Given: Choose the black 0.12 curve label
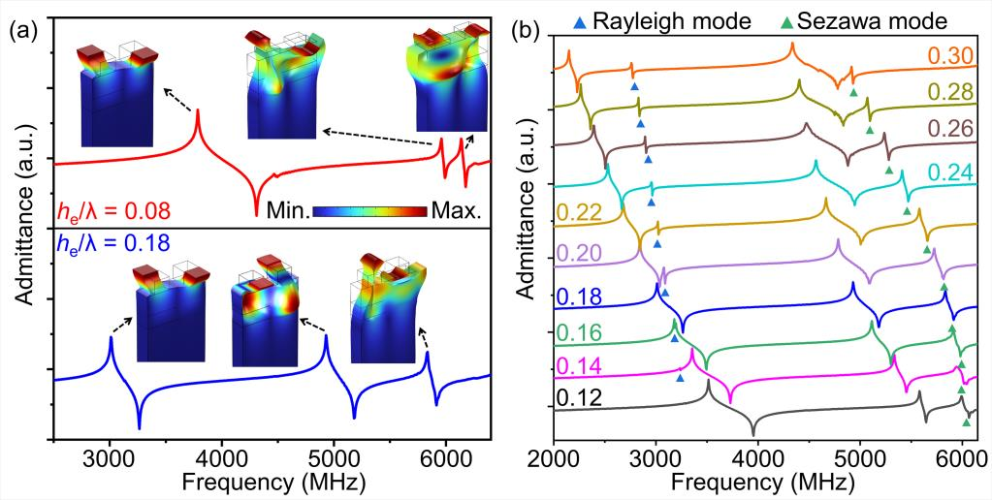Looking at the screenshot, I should (x=579, y=398).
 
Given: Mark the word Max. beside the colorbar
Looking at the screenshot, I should (x=460, y=210).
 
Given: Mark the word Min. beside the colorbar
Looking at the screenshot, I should (x=290, y=210).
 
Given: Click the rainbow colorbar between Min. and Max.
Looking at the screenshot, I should (x=371, y=210).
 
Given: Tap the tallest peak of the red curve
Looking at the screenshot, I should (x=198, y=111).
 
